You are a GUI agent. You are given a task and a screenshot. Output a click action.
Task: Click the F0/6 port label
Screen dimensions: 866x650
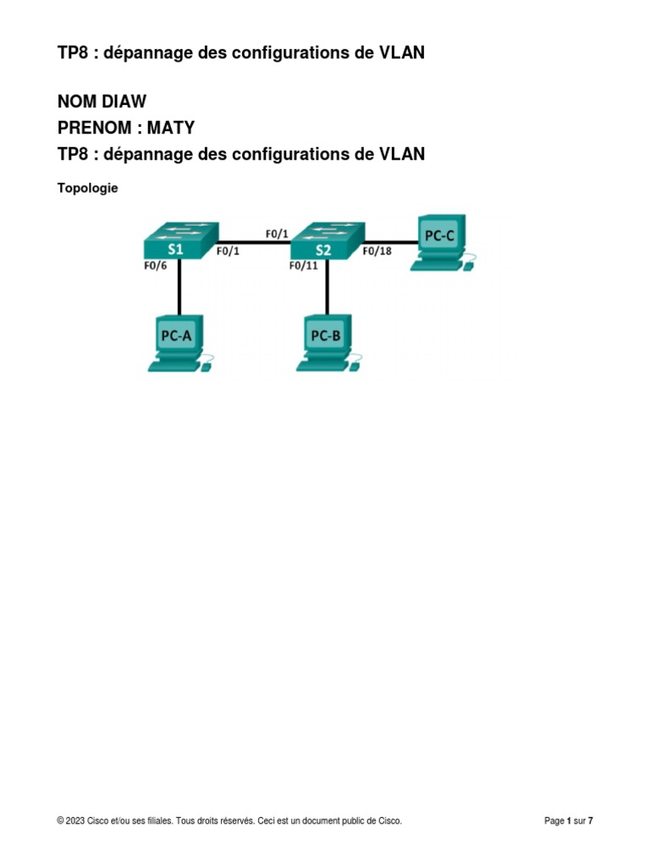(156, 265)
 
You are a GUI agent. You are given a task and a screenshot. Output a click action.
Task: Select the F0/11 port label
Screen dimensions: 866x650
(303, 266)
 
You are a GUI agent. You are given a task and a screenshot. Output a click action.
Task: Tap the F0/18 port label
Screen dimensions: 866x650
(377, 251)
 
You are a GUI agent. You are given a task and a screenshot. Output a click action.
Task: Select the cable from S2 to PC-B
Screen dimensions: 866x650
(328, 289)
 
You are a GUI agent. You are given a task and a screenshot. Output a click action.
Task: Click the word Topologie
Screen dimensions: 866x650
(87, 189)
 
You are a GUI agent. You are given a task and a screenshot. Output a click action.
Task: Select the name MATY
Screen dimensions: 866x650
(171, 128)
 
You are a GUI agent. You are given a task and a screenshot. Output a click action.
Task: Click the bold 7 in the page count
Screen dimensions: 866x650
(591, 820)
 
